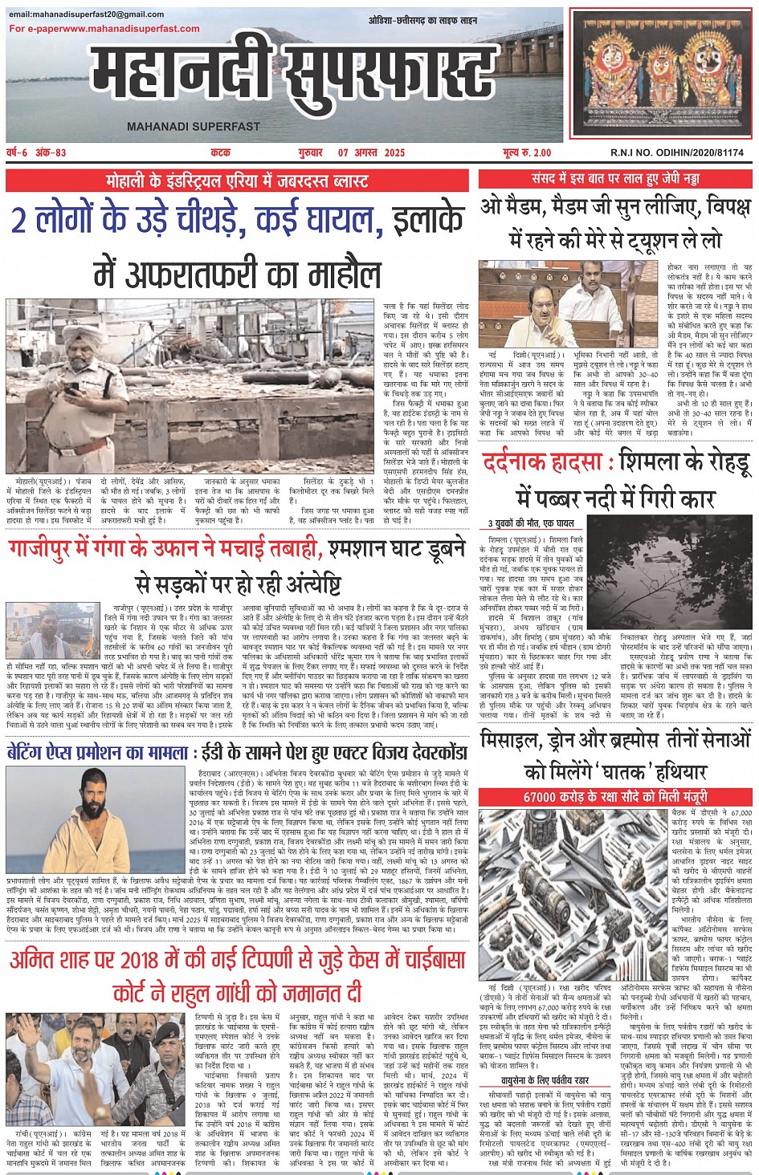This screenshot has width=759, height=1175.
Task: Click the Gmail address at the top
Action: pos(87,14)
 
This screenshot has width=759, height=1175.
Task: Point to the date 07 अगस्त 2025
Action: pos(371,152)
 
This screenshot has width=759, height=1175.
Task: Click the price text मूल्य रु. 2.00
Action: pos(527,152)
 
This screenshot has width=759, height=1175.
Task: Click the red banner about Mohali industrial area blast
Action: pos(237,180)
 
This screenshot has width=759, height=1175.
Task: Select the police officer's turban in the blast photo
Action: pos(73,328)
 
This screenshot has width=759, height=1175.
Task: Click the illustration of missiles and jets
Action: pos(572,891)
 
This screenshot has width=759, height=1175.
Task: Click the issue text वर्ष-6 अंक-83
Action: pos(37,152)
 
